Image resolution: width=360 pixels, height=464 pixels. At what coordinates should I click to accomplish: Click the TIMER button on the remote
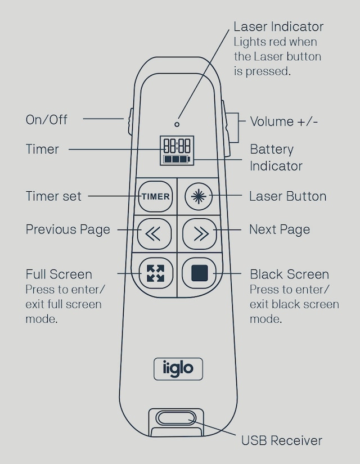click(155, 197)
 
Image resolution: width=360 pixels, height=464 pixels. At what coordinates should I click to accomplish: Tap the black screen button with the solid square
click(199, 273)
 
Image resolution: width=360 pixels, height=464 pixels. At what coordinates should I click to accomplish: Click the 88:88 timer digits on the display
click(177, 146)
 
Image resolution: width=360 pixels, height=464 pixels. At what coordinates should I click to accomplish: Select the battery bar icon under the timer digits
click(177, 160)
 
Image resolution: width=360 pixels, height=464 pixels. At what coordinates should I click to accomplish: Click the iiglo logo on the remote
click(178, 368)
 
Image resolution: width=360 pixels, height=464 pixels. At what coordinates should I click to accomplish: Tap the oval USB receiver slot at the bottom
click(176, 419)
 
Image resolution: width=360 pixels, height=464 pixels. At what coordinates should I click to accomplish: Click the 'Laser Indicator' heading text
click(278, 26)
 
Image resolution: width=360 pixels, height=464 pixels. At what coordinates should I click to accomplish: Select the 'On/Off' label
click(46, 120)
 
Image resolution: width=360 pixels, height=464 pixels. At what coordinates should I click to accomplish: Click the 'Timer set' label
click(53, 196)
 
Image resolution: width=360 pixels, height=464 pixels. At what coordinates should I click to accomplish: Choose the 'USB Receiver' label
click(281, 440)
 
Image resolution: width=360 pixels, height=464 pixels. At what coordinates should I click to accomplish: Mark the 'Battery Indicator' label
click(276, 157)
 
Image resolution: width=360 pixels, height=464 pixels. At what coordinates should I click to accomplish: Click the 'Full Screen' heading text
click(58, 274)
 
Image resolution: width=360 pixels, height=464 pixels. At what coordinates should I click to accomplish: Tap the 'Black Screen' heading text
click(289, 274)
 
